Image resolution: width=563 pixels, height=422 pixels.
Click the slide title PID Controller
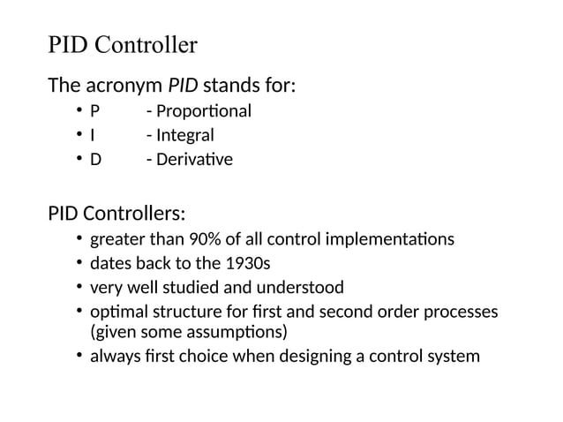122,45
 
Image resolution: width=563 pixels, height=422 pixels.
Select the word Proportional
202,111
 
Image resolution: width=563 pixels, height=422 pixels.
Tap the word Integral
184,136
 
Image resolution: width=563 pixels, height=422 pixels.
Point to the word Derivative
193,160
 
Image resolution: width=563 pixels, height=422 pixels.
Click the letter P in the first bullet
95,111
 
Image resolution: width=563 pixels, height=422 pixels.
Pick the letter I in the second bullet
93,136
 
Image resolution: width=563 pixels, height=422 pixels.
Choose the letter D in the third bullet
96,160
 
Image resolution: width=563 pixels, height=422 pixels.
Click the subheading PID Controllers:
116,214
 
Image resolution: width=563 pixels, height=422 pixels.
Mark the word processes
460,313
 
